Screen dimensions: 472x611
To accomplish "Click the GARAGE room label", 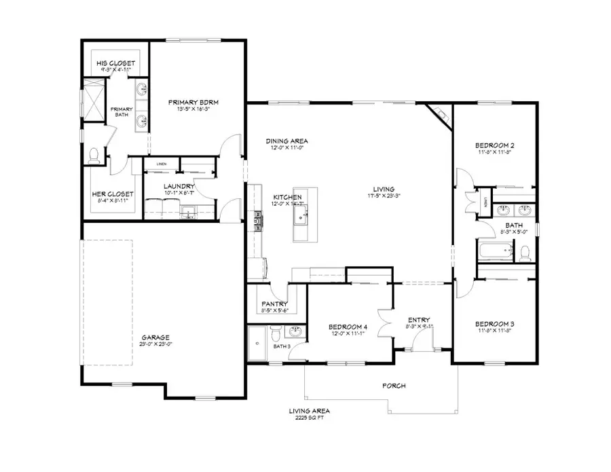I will point(155,338).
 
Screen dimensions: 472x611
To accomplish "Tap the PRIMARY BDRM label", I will point(197,103).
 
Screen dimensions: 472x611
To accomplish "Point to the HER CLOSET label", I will point(113,194).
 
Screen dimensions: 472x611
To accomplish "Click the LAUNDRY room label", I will point(180,186).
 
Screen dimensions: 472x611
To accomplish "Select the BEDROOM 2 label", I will point(494,145).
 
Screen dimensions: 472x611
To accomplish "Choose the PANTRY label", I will point(275,304).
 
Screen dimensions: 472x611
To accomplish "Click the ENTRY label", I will point(419,320).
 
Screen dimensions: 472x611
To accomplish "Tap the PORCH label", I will point(394,386).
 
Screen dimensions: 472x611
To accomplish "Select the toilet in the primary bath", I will point(94,156).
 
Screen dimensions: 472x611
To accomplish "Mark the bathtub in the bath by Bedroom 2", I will point(492,253).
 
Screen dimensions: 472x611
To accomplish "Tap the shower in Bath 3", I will point(257,344).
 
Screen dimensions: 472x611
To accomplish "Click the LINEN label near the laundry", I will point(162,164).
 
